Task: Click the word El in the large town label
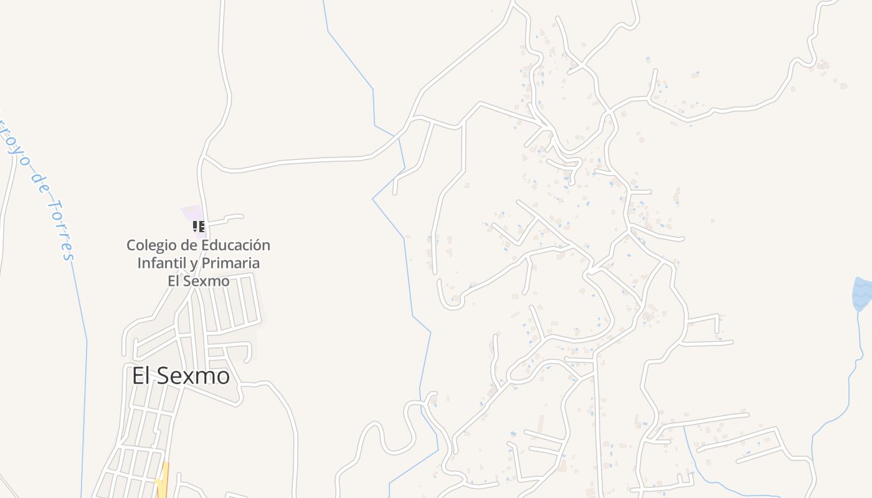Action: (x=141, y=376)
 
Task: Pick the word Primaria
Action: (x=230, y=263)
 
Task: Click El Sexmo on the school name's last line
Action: (x=198, y=281)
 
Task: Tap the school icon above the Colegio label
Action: (x=198, y=227)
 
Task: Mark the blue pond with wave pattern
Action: (x=862, y=294)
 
